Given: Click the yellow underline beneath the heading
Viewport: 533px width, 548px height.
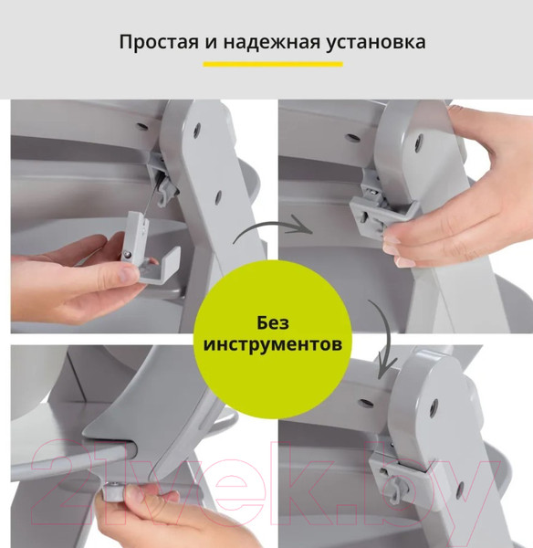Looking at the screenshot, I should [272, 64].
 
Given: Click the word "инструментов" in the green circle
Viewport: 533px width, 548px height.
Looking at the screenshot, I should [272, 346].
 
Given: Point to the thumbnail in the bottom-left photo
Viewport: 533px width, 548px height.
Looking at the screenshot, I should [141, 499].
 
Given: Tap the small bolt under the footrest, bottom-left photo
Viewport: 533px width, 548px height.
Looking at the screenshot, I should [113, 491].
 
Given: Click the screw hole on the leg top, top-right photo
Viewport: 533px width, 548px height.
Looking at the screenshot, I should [417, 142].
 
